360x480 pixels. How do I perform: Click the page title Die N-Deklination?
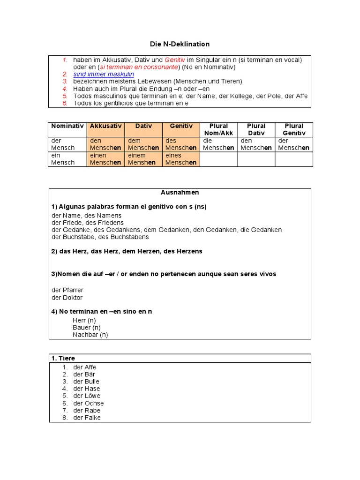180,44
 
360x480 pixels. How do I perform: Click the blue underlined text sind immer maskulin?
104,74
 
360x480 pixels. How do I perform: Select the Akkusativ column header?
105,126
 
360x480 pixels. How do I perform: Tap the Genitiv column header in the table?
181,126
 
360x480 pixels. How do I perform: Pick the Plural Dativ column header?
256,129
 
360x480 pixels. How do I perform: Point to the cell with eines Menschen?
181,159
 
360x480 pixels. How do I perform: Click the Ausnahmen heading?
180,192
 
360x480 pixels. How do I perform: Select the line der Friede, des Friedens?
88,223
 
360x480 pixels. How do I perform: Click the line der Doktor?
67,298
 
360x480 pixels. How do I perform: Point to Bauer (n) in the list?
87,327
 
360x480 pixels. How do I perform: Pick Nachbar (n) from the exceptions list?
90,335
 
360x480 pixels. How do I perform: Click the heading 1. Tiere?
63,359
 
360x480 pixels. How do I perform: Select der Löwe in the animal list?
87,396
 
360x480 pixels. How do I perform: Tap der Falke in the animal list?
87,418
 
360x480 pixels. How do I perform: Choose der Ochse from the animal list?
89,403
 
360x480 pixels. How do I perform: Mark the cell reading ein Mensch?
63,159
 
